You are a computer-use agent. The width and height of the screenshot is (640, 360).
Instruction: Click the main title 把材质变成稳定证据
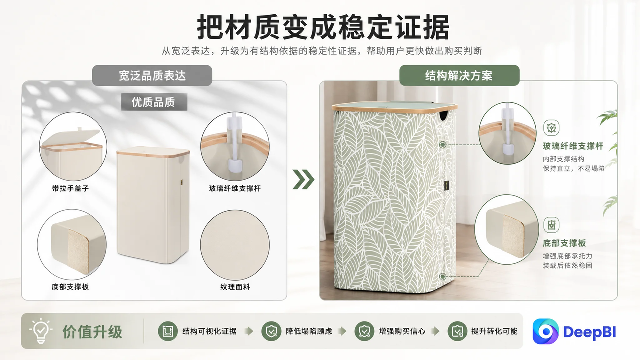(323, 27)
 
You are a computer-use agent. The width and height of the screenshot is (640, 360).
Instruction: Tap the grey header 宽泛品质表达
(152, 75)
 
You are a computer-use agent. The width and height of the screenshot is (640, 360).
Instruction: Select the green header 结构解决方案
(459, 75)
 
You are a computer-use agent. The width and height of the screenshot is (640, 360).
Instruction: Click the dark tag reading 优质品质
(154, 102)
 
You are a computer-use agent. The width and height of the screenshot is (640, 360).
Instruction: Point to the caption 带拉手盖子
(70, 188)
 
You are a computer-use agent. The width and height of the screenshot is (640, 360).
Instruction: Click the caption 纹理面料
(235, 287)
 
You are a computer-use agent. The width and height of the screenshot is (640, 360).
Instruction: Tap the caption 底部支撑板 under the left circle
(70, 287)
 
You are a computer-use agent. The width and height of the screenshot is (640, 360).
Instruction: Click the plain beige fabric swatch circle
(235, 245)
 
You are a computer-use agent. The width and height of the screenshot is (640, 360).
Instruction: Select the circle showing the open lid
(73, 146)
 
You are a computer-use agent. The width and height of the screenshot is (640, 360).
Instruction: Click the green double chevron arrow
(303, 179)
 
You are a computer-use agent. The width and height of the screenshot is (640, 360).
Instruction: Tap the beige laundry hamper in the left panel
(153, 205)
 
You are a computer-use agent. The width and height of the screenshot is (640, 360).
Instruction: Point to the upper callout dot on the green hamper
(443, 145)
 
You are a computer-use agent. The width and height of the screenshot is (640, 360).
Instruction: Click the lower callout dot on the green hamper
(443, 276)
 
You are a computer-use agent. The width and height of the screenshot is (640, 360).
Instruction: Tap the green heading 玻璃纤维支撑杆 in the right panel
(573, 146)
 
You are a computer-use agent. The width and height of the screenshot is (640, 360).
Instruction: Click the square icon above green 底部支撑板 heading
(551, 225)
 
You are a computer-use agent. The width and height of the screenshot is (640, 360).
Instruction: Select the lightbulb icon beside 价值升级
(41, 330)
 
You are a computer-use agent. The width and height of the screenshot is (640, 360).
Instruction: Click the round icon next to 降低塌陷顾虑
(271, 331)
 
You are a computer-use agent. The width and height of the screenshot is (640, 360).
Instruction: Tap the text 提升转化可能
(494, 331)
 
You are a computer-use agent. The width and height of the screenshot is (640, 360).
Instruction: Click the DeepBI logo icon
(546, 331)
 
